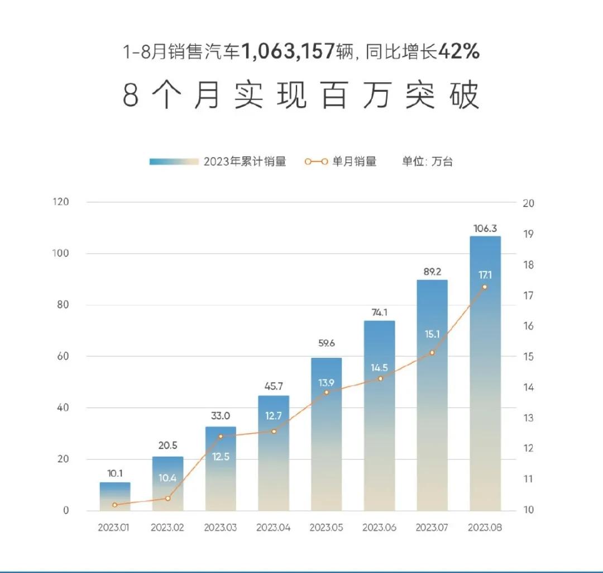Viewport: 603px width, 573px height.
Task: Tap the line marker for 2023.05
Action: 327,392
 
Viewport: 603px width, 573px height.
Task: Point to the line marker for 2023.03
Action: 221,437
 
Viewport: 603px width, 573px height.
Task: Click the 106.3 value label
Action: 485,228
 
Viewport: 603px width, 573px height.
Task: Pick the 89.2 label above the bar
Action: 432,272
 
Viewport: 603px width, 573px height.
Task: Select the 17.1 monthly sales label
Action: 485,275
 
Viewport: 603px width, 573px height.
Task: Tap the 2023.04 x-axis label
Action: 274,528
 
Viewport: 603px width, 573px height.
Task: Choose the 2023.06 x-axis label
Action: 379,528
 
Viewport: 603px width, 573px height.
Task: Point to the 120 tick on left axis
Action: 61,202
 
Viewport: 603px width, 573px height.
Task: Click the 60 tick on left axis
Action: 62,356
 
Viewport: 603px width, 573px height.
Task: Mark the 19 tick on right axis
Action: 529,234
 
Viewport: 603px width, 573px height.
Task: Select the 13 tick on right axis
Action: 529,418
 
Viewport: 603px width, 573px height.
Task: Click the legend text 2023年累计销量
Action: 245,162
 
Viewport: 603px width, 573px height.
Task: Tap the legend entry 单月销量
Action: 354,162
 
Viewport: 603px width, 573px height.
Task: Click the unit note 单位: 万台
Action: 427,162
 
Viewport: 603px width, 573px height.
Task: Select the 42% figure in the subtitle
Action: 459,52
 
